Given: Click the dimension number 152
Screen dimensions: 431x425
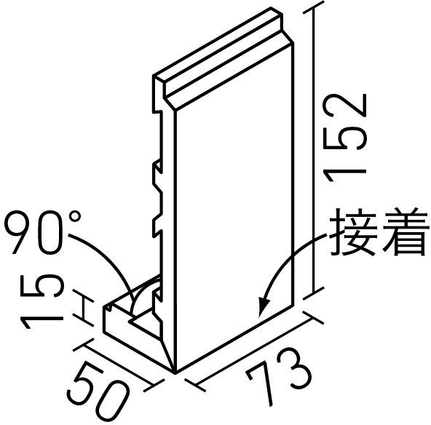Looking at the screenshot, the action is (x=345, y=138).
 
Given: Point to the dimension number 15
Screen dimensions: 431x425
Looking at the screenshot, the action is (x=41, y=301).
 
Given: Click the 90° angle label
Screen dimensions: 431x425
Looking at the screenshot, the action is (x=43, y=232).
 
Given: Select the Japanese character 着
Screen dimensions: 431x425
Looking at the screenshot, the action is (x=405, y=232).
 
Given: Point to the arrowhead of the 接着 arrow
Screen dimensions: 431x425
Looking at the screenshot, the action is (x=264, y=306).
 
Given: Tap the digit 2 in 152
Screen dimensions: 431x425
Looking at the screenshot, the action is (x=345, y=107).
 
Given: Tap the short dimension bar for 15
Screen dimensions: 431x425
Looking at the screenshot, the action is (x=84, y=308).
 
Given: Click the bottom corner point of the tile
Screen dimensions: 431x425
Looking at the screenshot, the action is (x=175, y=373).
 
